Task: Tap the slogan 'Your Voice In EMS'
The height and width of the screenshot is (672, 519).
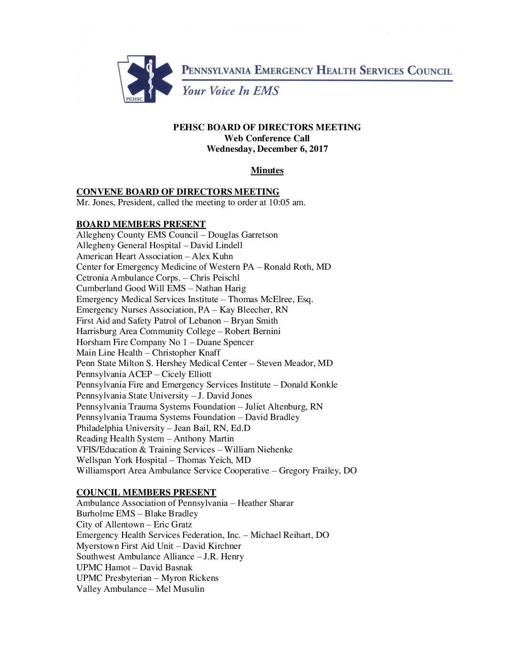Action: [229, 91]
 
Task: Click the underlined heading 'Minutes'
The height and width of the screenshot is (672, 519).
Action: [267, 170]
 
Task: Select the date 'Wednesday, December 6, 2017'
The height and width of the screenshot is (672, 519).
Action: [267, 149]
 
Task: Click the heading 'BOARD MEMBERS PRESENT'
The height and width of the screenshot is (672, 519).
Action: [141, 224]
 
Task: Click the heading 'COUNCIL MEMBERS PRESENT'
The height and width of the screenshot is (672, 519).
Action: [146, 492]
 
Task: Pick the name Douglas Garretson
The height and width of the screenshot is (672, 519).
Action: [243, 235]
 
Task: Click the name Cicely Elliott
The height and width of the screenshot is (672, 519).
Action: [186, 374]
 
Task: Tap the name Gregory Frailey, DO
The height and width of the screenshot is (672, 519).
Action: [318, 471]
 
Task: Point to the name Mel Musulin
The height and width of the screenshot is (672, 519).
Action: [180, 589]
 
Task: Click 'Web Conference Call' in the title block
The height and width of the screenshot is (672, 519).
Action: [267, 138]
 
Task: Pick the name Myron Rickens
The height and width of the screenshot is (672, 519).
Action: [190, 578]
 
